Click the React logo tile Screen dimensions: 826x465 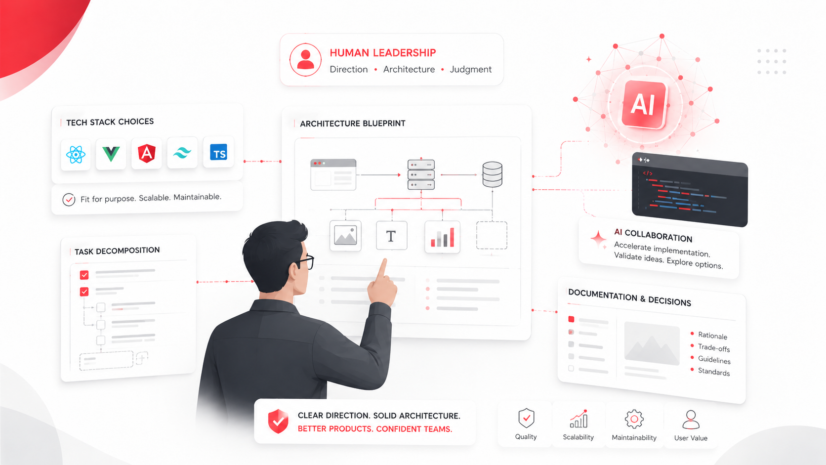[76, 155]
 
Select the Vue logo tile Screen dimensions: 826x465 [111, 154]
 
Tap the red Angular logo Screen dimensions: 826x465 [146, 153]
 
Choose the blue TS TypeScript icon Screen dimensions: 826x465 [218, 152]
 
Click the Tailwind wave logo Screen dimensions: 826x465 [182, 152]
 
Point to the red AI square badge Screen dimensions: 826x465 [644, 104]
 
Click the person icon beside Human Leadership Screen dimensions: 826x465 [305, 60]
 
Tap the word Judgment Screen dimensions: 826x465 [470, 69]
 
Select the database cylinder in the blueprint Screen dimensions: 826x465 [492, 174]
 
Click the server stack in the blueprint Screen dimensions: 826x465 [421, 174]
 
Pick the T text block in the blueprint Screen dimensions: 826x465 [391, 235]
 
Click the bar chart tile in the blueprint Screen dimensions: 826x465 [442, 237]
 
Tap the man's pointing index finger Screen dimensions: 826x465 [382, 268]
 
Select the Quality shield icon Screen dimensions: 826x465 [526, 418]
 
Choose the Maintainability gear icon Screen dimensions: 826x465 [634, 419]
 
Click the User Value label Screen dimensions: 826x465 [691, 438]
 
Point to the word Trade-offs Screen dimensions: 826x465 [713, 347]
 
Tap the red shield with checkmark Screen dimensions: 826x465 [278, 421]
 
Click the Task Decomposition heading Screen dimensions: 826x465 [117, 251]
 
